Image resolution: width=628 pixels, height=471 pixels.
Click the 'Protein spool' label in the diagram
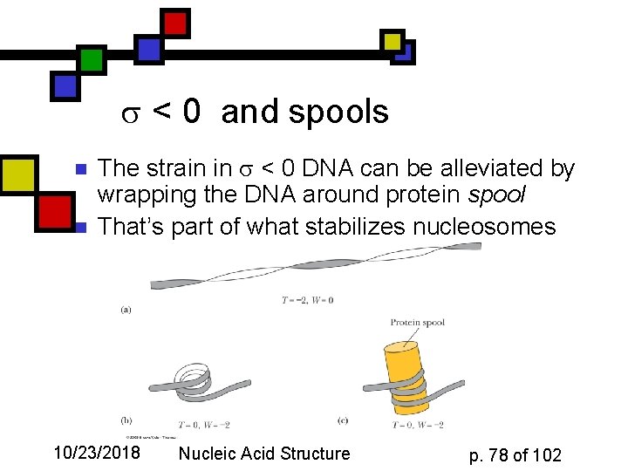click(x=417, y=323)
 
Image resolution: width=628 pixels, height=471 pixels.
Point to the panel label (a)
click(x=126, y=309)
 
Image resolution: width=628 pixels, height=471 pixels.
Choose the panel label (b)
click(x=126, y=420)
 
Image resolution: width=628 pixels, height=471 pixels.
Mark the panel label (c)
click(x=343, y=420)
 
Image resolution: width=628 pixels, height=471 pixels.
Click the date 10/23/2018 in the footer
click(x=97, y=453)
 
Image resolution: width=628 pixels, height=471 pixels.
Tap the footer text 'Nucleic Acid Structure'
click(x=263, y=453)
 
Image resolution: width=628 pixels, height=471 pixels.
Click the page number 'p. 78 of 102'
click(x=515, y=454)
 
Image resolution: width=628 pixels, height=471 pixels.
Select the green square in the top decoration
click(x=92, y=59)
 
